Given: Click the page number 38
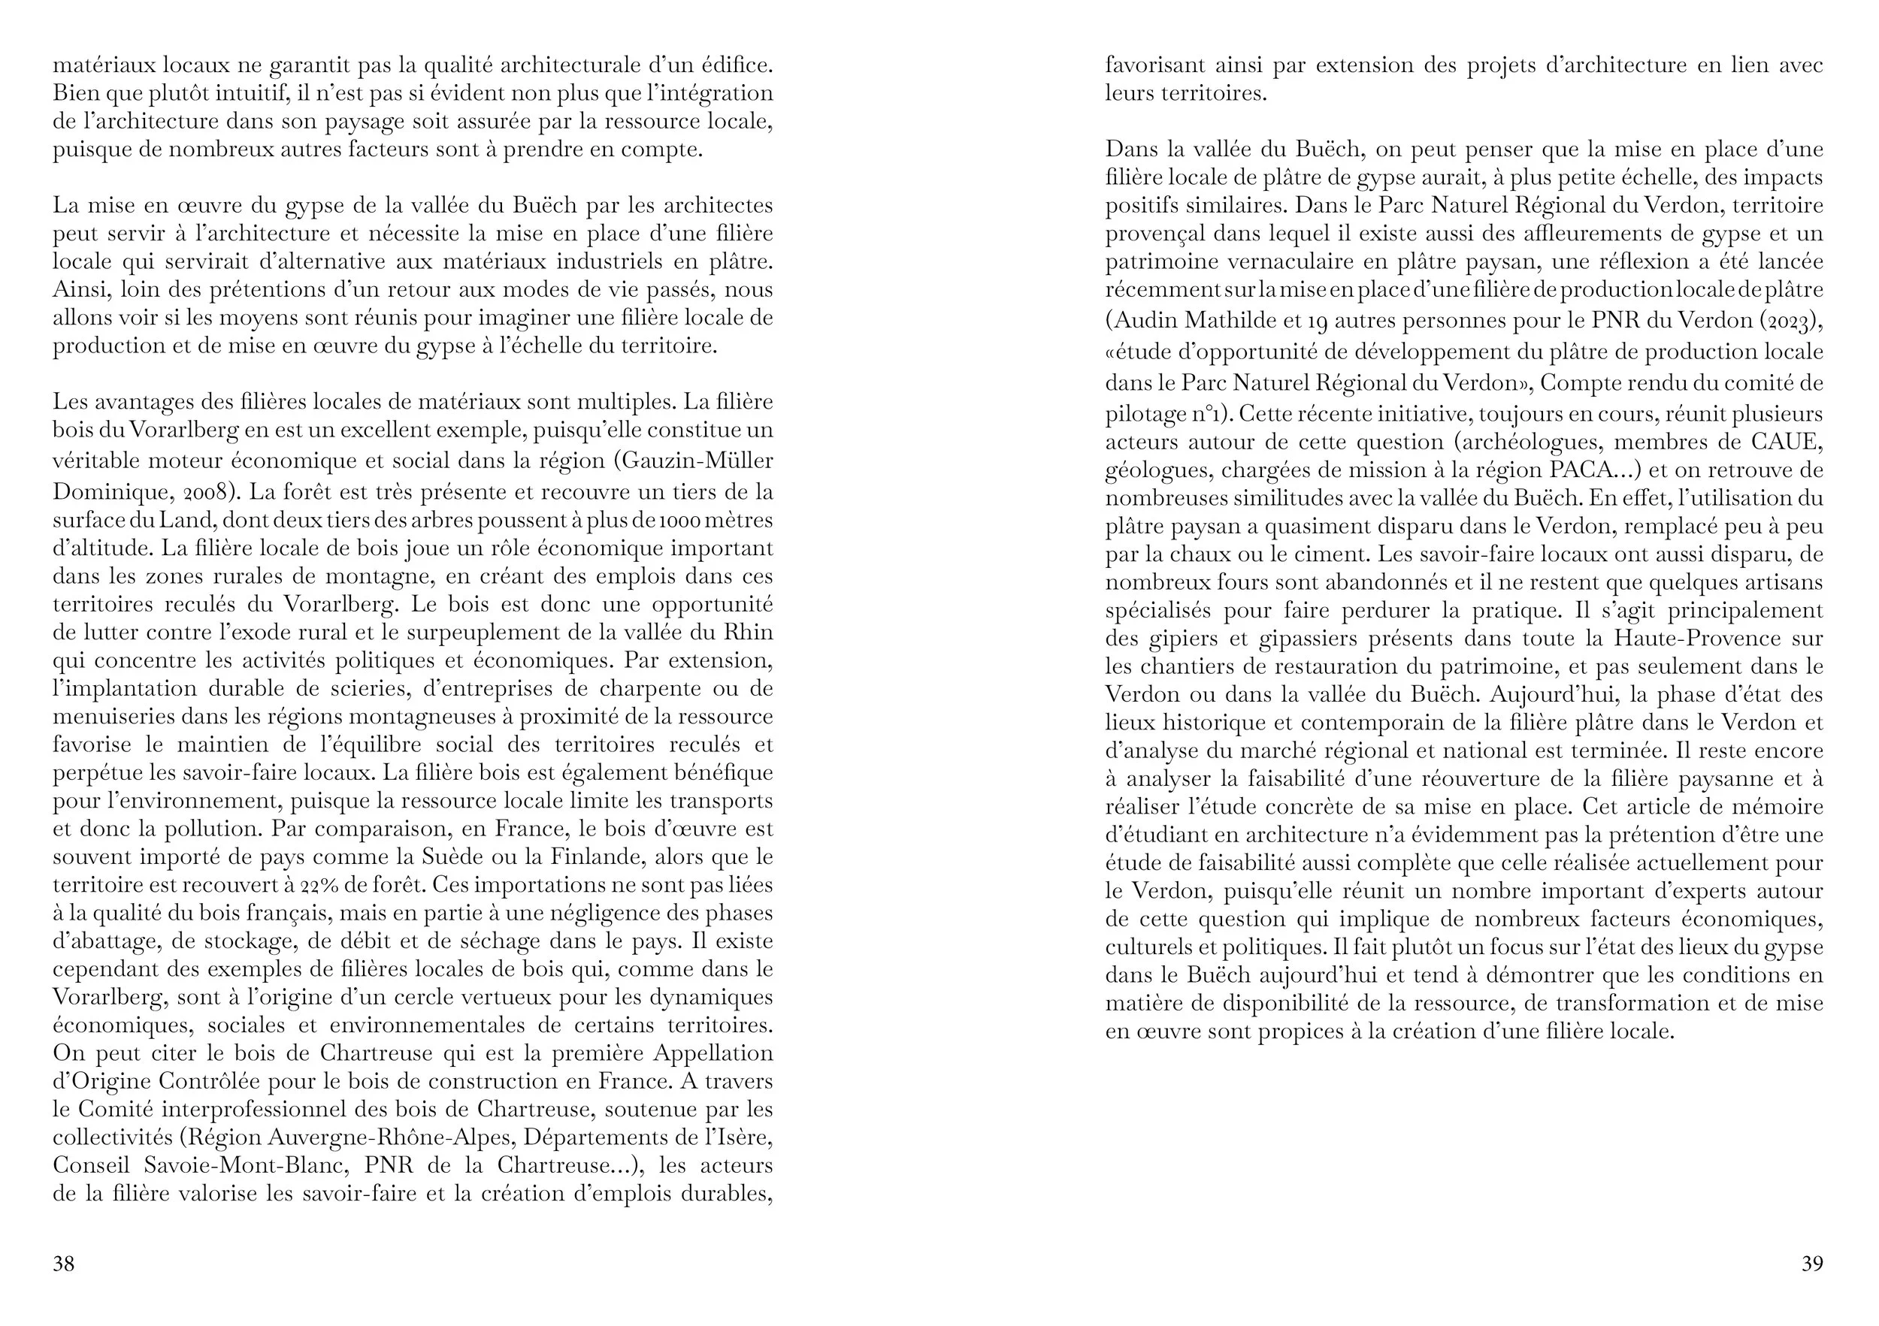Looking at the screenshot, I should coord(63,1264).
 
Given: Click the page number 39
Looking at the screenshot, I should coord(1812,1264).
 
